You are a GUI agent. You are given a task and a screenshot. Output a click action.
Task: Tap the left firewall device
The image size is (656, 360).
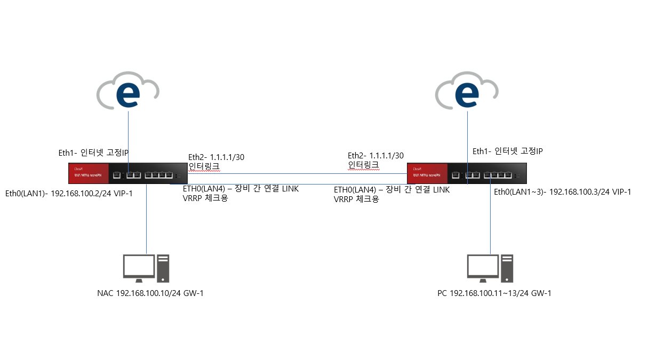[128, 174]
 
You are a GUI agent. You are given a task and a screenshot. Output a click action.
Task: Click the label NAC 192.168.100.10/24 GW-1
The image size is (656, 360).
[150, 293]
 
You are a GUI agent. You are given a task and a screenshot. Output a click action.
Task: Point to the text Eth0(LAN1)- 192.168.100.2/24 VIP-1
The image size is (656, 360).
[68, 193]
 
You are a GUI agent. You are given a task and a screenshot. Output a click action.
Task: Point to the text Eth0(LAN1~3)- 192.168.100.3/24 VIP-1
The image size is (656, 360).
[563, 192]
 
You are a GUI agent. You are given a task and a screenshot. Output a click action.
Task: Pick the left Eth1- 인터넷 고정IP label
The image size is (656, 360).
[93, 153]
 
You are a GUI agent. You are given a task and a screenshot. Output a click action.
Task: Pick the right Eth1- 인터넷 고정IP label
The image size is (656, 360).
[507, 151]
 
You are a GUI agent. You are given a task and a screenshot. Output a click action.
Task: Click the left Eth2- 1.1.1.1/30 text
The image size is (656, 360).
[216, 157]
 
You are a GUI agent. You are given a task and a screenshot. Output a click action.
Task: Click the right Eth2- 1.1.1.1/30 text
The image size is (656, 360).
[375, 155]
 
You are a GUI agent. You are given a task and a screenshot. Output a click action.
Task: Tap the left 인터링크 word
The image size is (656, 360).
[204, 166]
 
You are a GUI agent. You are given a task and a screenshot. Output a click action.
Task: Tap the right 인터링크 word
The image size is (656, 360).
[363, 165]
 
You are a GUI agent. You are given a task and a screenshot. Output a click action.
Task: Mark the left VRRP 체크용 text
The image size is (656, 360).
[202, 198]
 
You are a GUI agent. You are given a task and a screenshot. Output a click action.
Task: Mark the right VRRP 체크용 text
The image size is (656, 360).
[356, 199]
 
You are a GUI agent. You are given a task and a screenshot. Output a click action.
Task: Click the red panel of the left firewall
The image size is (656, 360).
[88, 174]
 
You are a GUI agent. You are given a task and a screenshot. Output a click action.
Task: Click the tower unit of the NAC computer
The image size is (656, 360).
[163, 268]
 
